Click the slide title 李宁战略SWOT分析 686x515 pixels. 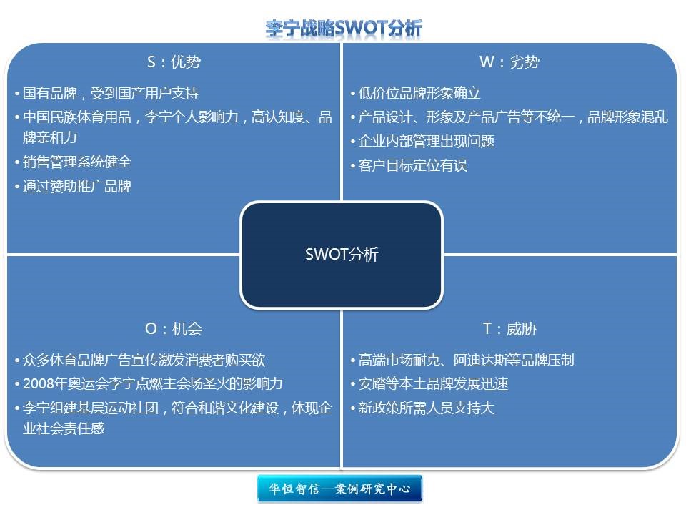pos(344,29)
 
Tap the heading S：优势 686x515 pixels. pos(174,62)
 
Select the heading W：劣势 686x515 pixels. pos(509,62)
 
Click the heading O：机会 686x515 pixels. pos(174,328)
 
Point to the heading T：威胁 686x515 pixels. pos(509,328)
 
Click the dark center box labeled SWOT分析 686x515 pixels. pos(342,255)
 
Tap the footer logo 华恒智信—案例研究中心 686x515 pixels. pos(339,489)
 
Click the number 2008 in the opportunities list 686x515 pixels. pos(39,383)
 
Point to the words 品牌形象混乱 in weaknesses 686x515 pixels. pos(627,117)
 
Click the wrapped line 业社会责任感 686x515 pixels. pos(64,428)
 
